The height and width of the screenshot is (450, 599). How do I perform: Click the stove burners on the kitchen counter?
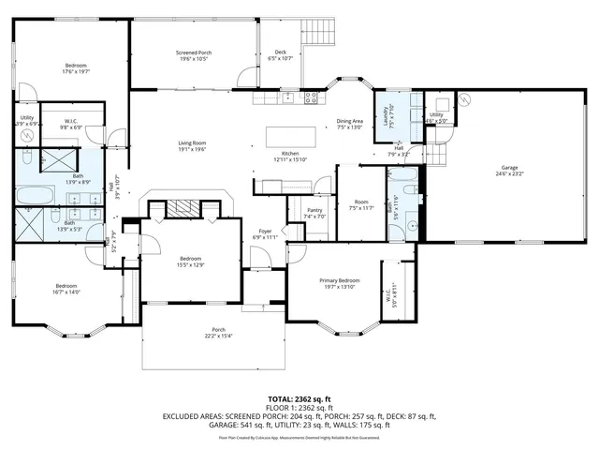[x=312, y=97]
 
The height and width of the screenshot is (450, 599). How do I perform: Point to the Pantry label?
[x=314, y=213]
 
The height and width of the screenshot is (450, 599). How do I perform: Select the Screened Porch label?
[x=194, y=55]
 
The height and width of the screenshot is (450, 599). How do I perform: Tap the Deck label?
[x=280, y=55]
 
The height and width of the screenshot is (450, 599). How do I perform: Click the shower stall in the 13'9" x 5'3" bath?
[x=35, y=226]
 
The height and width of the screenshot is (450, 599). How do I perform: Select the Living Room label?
[x=192, y=145]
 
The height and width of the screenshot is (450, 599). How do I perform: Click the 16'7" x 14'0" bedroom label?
[x=66, y=289]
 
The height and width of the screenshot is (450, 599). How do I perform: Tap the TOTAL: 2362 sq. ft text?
[x=299, y=400]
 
